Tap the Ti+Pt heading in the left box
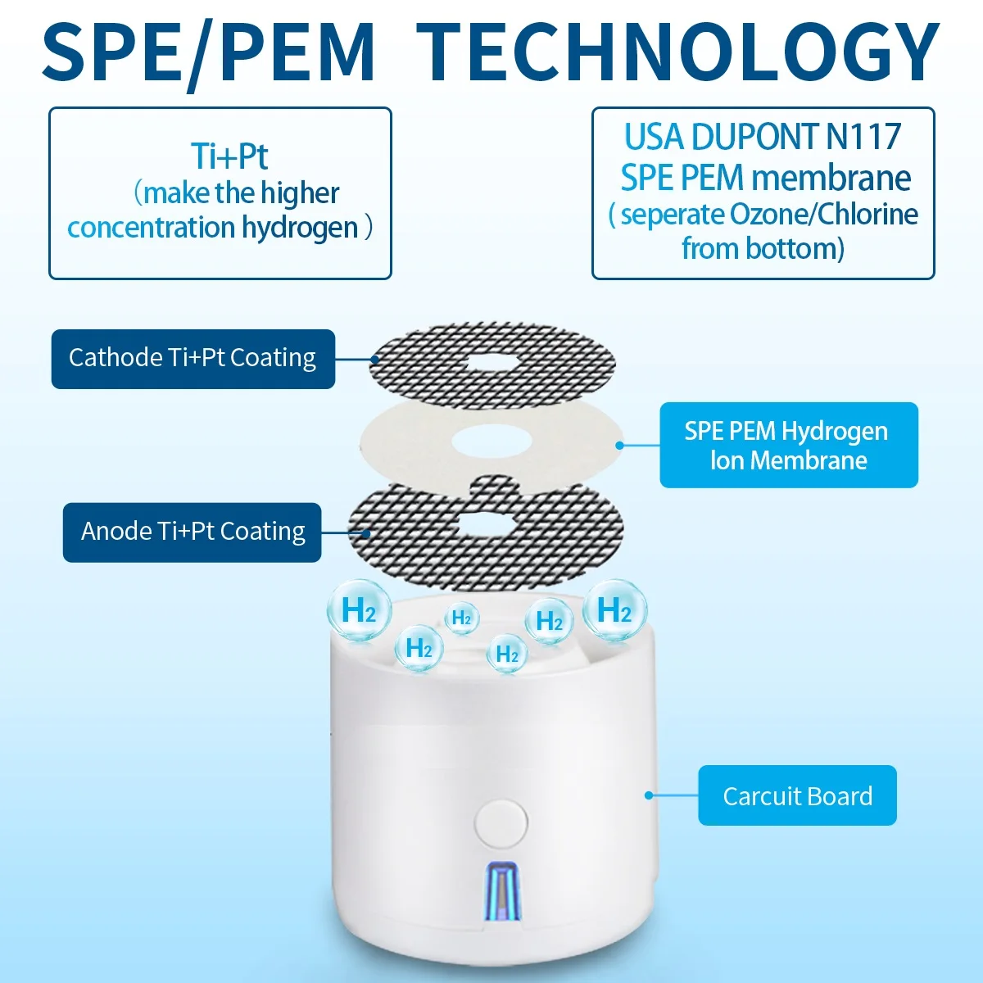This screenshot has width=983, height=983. click(x=229, y=156)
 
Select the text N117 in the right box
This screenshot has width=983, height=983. click(x=863, y=137)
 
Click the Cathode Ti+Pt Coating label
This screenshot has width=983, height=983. click(x=193, y=358)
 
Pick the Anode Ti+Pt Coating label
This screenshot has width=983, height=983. click(x=193, y=532)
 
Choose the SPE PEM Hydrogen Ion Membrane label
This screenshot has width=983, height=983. click(x=788, y=445)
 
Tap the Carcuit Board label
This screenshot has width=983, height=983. click(x=797, y=795)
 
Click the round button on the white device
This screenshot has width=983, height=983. click(x=501, y=823)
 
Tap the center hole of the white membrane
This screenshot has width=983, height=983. click(x=491, y=443)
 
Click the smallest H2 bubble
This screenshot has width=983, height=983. click(x=462, y=618)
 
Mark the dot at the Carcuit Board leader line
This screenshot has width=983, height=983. click(x=649, y=795)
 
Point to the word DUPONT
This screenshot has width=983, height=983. click(x=755, y=137)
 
